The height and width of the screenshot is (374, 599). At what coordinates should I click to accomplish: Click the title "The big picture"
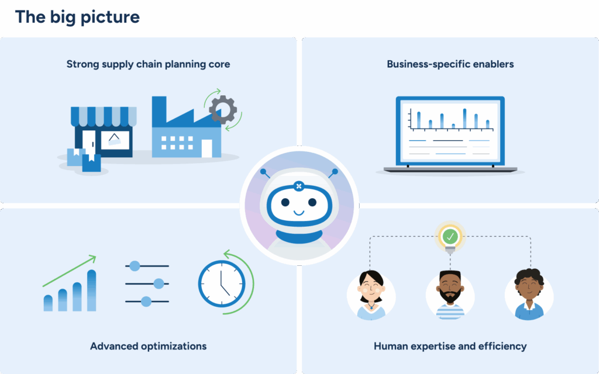[77, 17]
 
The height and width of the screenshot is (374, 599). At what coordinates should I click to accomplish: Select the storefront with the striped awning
[104, 131]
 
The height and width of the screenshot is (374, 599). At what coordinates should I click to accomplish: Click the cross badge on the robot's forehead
[299, 186]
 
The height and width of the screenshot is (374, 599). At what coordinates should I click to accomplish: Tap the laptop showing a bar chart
[450, 134]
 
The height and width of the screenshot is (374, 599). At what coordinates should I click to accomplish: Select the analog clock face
[221, 284]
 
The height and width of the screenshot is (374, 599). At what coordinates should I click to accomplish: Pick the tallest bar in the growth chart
[91, 290]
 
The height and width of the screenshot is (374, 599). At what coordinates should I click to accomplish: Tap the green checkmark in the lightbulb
[450, 237]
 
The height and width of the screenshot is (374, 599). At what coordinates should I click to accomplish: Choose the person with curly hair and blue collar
[528, 295]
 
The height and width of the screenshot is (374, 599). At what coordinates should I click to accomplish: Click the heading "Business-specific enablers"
[450, 64]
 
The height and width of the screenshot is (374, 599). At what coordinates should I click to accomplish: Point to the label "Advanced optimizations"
[148, 346]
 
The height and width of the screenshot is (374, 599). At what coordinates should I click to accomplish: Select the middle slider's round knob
[158, 283]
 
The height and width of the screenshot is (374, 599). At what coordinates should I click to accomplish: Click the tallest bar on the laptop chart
[464, 118]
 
